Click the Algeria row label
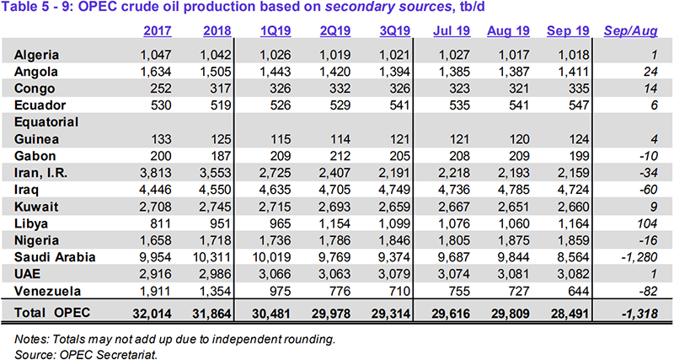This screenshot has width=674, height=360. tap(39, 55)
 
